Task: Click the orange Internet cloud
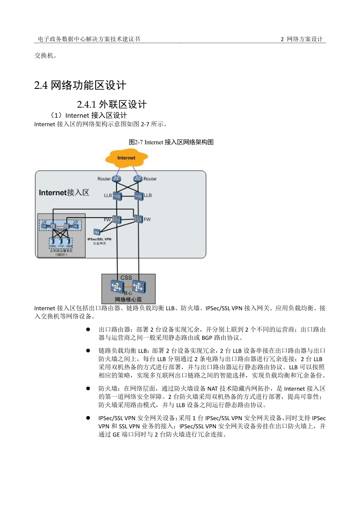point(126,158)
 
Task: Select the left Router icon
point(117,179)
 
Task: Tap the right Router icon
point(138,179)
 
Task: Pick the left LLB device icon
point(117,196)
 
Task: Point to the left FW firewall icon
point(117,219)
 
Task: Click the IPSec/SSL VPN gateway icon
point(97,232)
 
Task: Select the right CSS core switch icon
point(138,286)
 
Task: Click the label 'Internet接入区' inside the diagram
point(64,193)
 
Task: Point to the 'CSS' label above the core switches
point(126,277)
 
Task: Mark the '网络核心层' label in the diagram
point(128,300)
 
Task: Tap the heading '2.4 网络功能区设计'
point(80,85)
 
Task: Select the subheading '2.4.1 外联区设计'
point(112,105)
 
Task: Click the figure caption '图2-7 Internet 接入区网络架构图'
point(171,142)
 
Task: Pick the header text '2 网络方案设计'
point(302,39)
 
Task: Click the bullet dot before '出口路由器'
point(89,330)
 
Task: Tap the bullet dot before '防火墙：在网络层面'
point(89,388)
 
